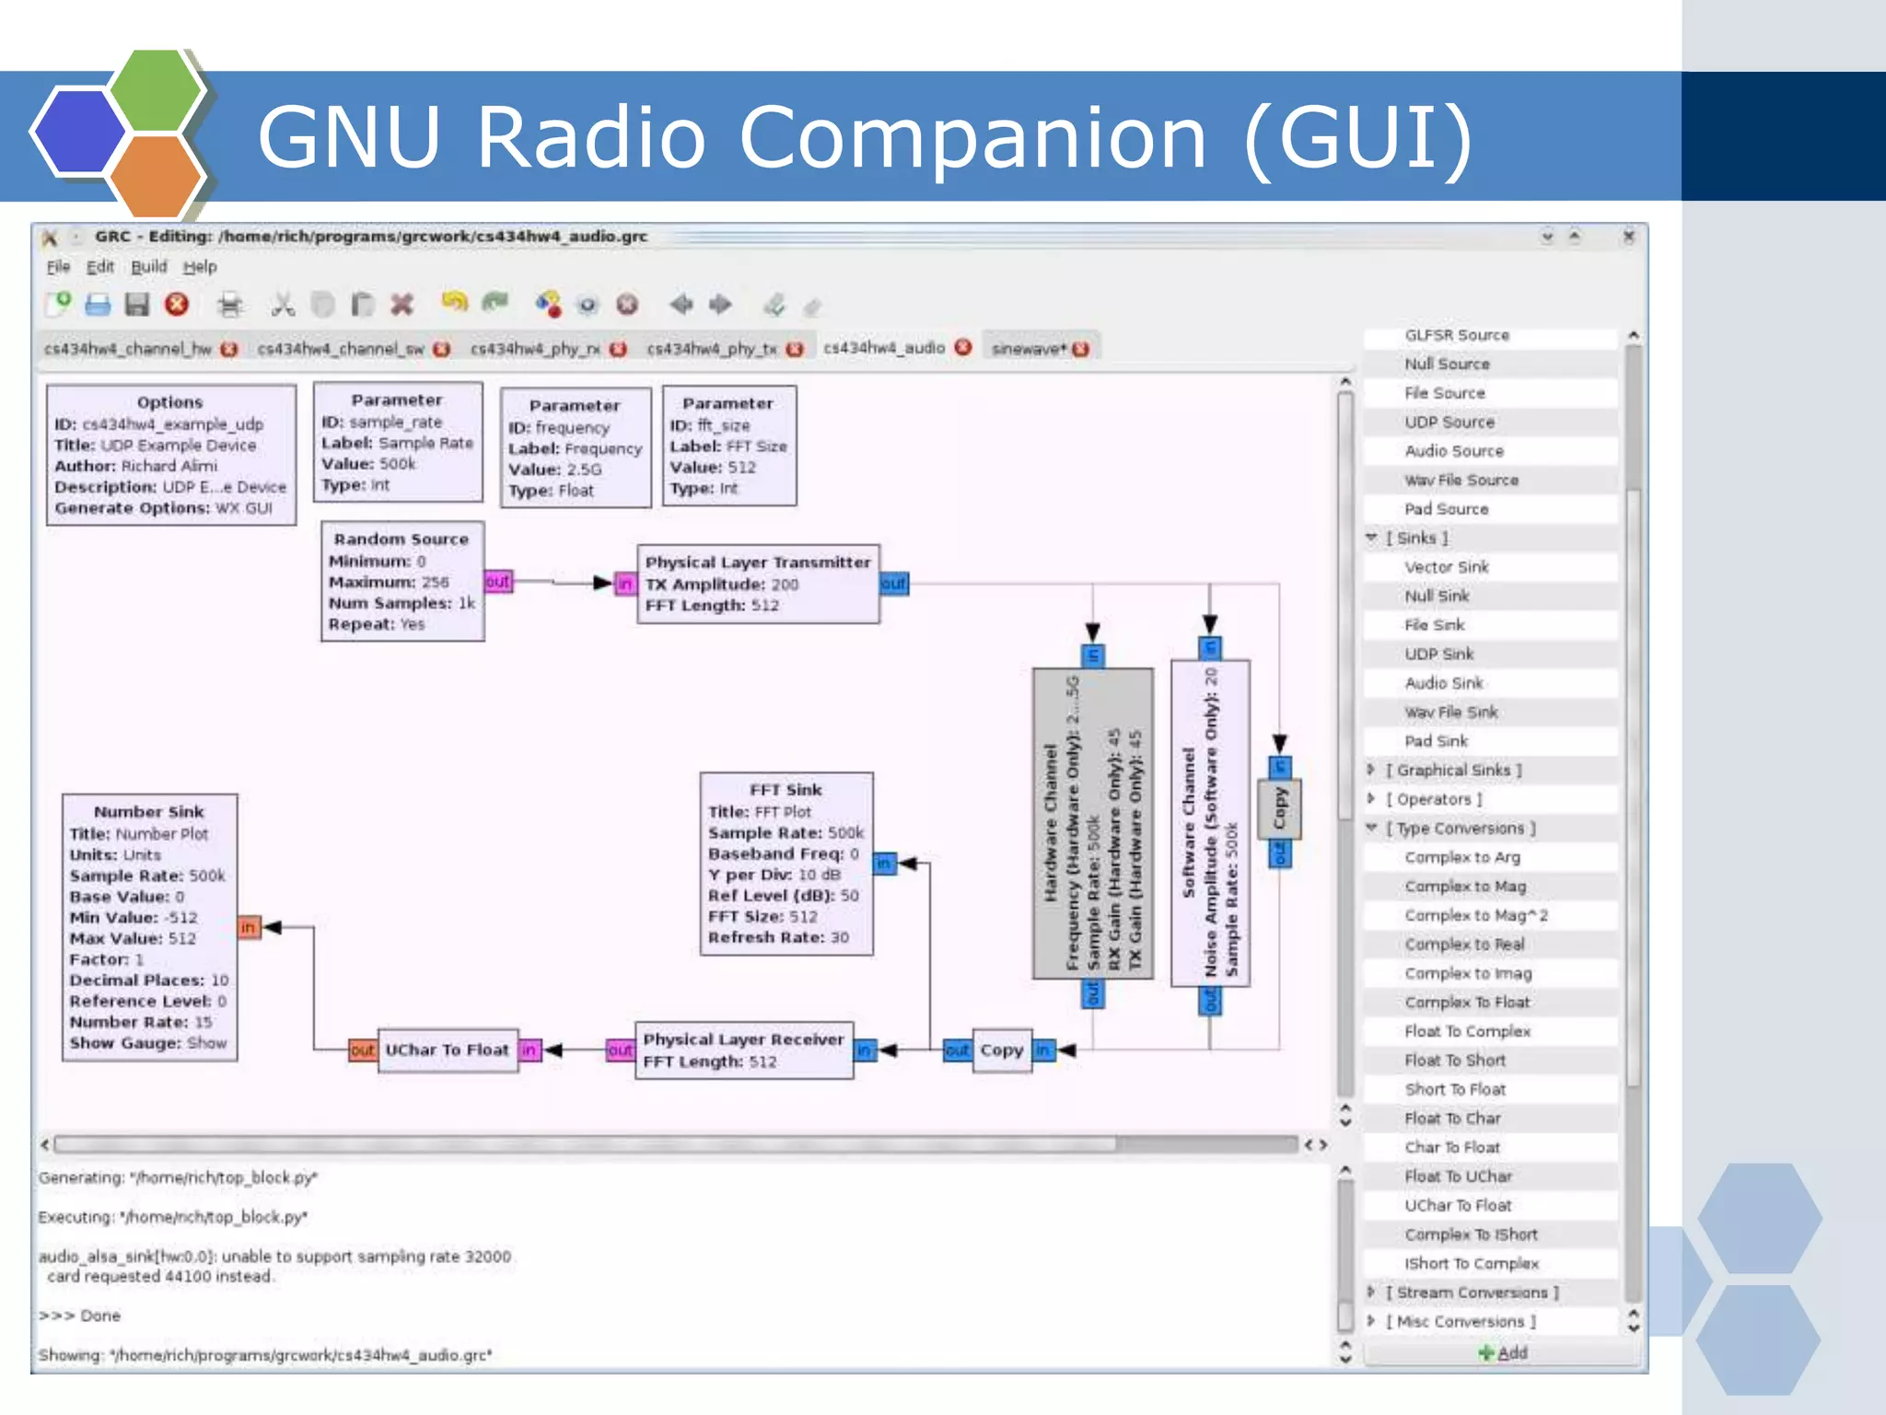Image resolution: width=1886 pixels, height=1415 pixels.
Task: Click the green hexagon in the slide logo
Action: click(x=155, y=89)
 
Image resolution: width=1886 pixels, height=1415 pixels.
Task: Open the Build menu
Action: click(x=148, y=267)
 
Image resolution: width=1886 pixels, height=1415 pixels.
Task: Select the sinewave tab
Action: click(x=1029, y=349)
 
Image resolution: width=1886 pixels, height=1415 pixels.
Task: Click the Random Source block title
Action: click(x=401, y=539)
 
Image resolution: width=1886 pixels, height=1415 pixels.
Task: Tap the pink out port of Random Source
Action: click(x=497, y=582)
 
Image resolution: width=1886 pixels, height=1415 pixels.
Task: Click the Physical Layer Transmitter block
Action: click(x=757, y=584)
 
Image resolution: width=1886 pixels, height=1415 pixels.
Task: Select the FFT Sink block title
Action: click(x=786, y=790)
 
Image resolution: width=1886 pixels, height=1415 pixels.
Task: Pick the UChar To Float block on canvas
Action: click(x=447, y=1050)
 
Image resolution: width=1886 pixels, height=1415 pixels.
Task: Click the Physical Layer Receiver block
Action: click(x=742, y=1050)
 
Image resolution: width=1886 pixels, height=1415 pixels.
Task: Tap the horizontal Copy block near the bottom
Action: click(x=1001, y=1050)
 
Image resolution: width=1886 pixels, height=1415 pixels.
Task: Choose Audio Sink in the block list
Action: click(x=1444, y=683)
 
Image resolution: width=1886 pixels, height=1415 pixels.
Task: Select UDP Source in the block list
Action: click(x=1449, y=423)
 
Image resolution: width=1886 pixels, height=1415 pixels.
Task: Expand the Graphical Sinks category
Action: click(x=1453, y=771)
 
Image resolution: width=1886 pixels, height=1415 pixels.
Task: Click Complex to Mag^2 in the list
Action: click(x=1476, y=916)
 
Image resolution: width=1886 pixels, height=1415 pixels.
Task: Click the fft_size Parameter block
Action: click(x=728, y=447)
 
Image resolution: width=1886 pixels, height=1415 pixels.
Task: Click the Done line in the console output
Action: click(x=99, y=1316)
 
